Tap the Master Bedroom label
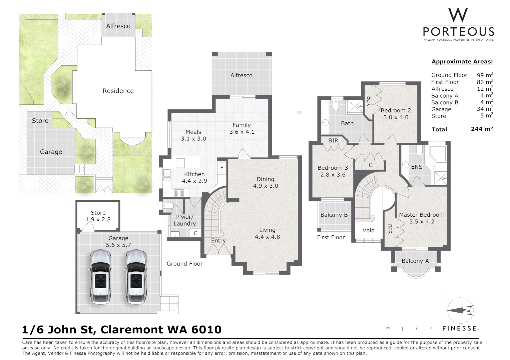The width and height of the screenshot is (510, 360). point(422,215)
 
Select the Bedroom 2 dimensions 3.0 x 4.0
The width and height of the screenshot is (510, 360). point(396,117)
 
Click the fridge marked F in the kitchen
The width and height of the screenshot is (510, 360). point(222,168)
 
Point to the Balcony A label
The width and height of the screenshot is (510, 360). point(415,261)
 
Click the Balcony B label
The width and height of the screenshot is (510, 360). point(334,215)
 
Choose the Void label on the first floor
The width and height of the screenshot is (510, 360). point(368,230)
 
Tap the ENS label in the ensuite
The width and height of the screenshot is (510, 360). point(417,167)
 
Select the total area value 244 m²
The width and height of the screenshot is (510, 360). point(482,129)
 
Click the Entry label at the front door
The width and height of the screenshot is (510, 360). point(218,241)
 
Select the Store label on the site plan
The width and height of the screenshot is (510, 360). point(40,121)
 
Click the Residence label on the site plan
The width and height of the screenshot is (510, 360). point(118,91)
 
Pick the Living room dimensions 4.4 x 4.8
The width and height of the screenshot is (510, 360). point(267,237)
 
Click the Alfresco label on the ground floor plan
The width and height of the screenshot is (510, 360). point(241,75)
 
